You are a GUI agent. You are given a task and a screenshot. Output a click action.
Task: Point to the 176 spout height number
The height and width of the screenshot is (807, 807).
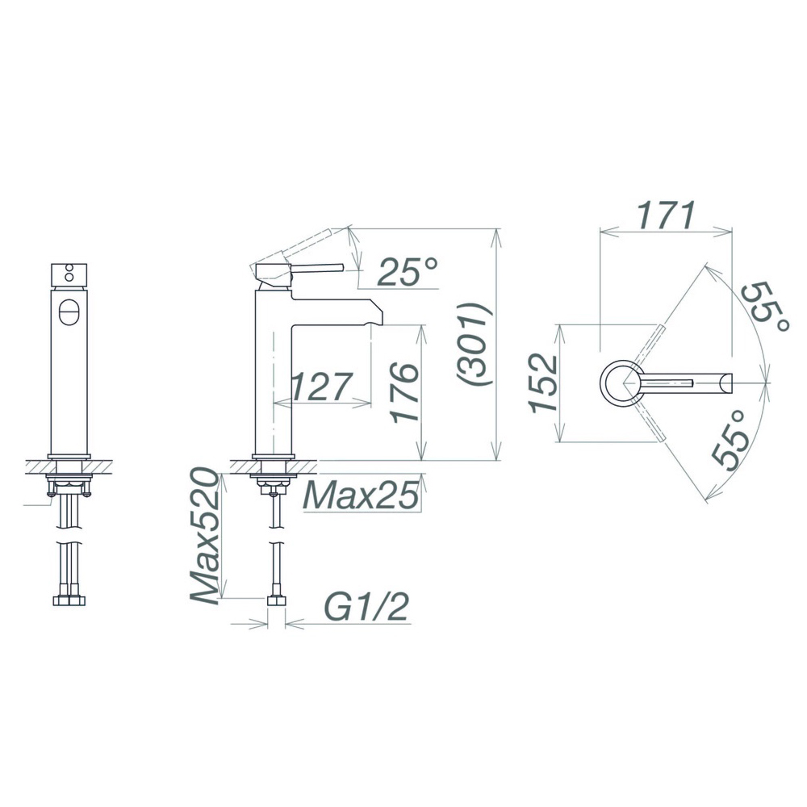tap(403, 393)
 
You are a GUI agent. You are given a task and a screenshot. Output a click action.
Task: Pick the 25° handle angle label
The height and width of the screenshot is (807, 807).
tap(408, 271)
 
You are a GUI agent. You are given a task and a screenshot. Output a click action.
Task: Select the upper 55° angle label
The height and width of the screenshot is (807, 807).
tap(764, 307)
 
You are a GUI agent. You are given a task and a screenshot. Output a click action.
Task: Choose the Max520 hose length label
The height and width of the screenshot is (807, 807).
tap(205, 535)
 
